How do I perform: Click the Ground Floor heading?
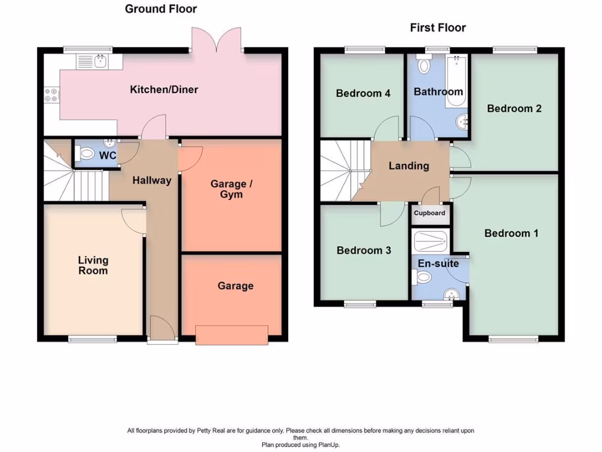click(x=160, y=9)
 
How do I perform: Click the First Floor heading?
click(x=437, y=28)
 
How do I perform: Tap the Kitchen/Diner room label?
click(x=164, y=90)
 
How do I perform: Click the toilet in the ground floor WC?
click(x=86, y=154)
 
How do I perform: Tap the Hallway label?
click(x=151, y=181)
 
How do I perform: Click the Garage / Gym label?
click(x=231, y=189)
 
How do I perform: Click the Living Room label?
click(x=93, y=265)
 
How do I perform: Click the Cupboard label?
click(x=430, y=213)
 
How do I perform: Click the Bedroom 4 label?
click(x=363, y=93)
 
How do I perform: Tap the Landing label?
click(x=409, y=166)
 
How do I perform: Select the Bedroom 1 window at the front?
click(x=513, y=339)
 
